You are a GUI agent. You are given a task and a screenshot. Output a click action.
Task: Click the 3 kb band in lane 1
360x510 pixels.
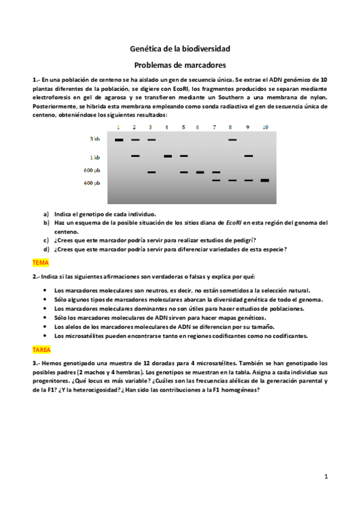[119, 140]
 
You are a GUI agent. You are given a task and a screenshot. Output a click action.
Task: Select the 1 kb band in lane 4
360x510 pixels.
[168, 156]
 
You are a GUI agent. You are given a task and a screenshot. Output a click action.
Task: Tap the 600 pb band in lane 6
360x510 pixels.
[200, 172]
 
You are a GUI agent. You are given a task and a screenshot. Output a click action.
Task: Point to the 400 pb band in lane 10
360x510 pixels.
[264, 180]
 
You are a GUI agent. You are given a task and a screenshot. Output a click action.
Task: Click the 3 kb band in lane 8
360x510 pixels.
[232, 140]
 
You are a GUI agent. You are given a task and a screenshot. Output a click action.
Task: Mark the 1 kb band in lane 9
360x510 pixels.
[248, 156]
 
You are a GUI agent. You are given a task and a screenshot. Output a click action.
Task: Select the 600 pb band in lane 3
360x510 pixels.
[151, 172]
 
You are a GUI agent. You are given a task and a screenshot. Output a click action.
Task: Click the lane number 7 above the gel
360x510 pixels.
[215, 127]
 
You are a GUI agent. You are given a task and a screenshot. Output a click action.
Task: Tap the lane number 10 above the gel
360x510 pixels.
[265, 127]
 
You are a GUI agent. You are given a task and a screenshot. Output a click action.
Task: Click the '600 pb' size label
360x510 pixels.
[92, 170]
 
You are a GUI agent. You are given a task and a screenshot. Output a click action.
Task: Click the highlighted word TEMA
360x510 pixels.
[40, 263]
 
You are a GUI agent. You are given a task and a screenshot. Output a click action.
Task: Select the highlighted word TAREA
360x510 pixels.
[42, 349]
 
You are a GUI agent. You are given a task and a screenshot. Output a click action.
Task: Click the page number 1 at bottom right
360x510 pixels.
[325, 477]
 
